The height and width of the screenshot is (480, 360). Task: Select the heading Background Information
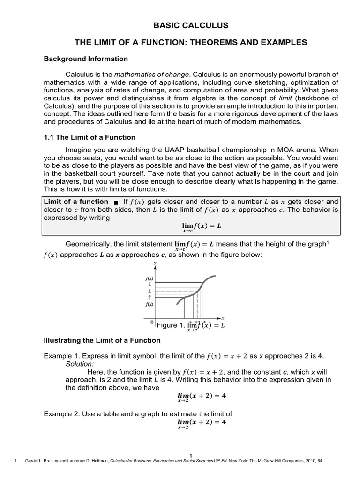tap(85, 59)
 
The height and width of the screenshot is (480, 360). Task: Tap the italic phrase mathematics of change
tap(152, 74)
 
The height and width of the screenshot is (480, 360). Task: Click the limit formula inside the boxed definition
tap(202, 226)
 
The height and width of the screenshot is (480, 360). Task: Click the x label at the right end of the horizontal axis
tap(223, 317)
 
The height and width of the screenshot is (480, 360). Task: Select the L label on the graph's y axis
tap(149, 291)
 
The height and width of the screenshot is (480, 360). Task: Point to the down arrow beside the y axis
tap(149, 284)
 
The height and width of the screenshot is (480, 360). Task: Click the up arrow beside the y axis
tap(149, 297)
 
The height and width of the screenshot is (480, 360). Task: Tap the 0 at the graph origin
tap(151, 322)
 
